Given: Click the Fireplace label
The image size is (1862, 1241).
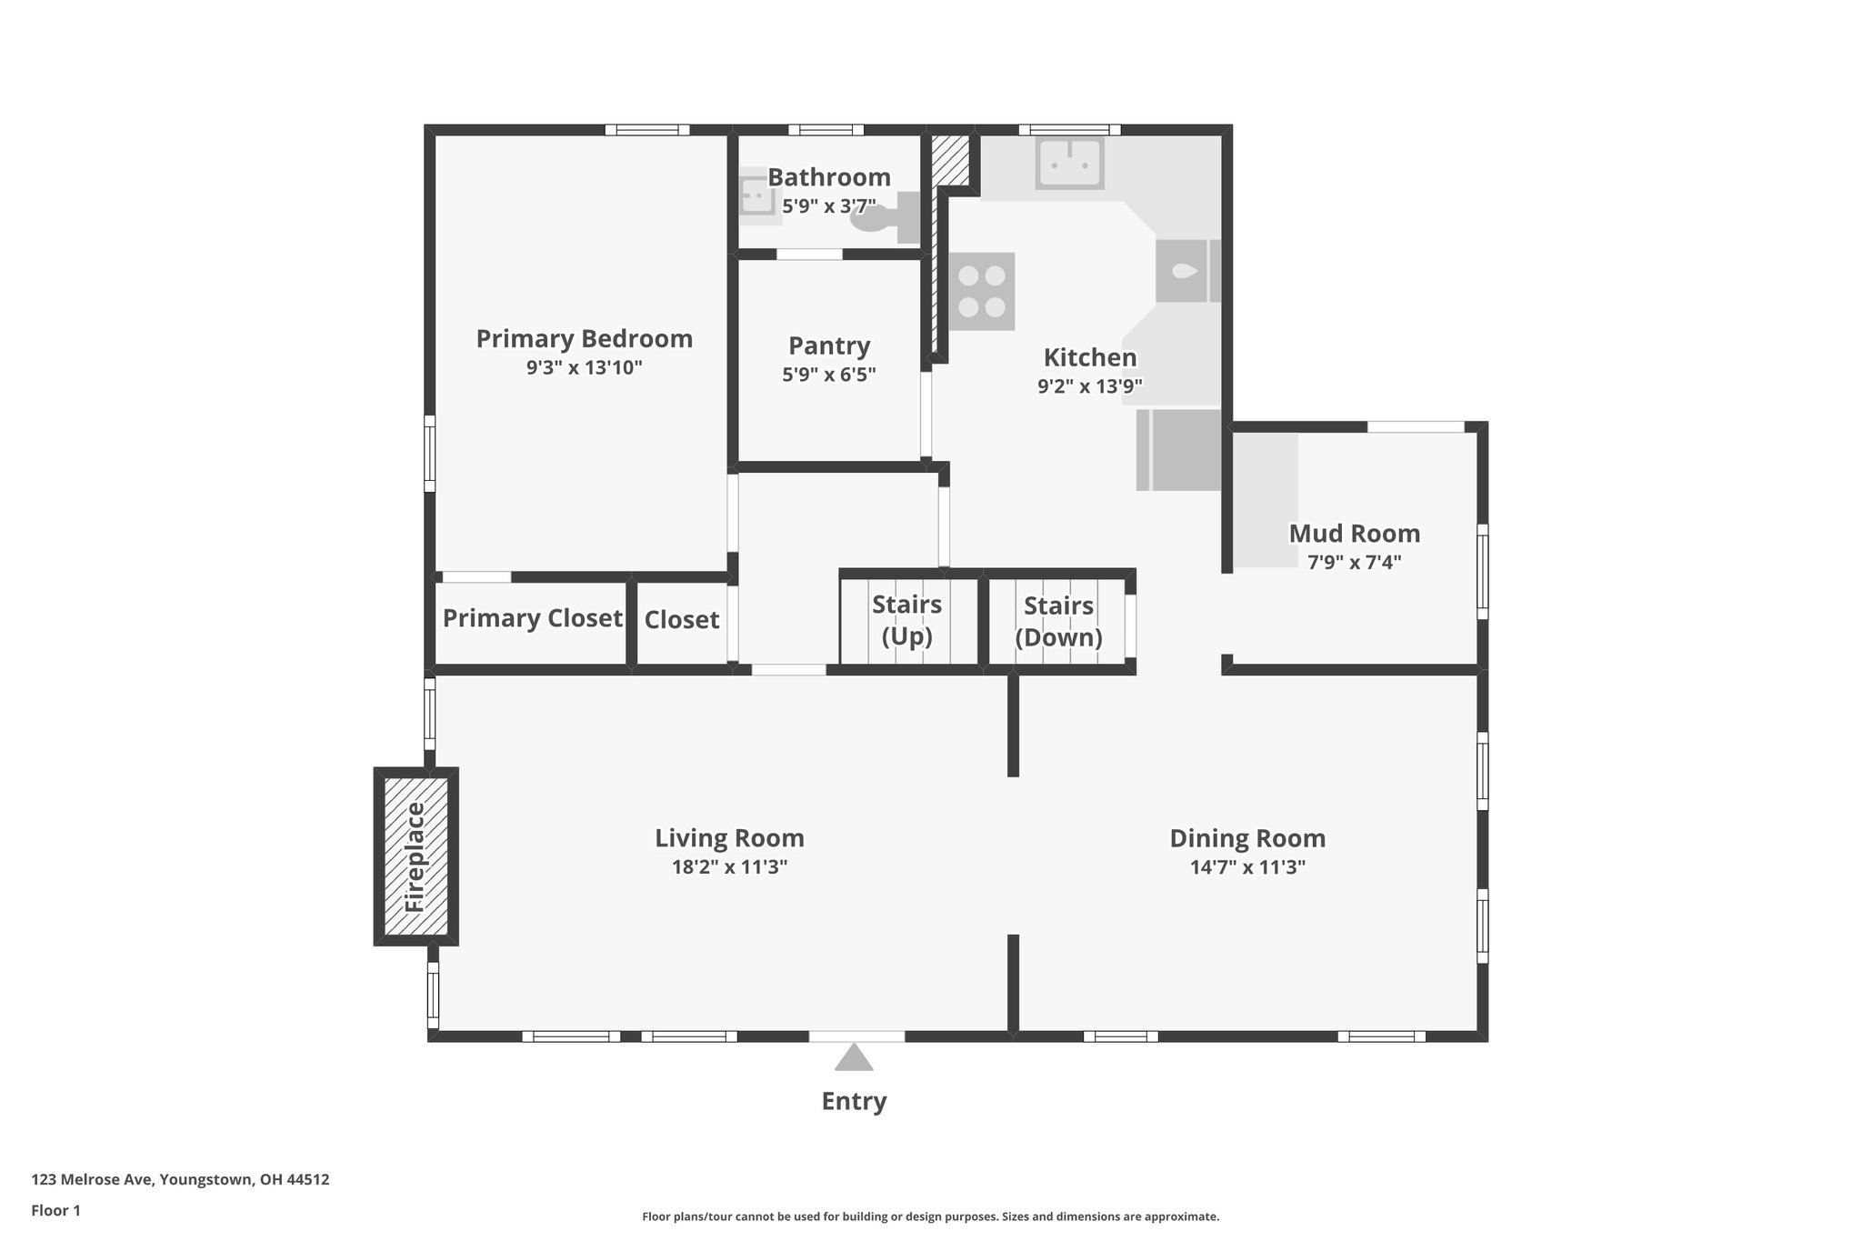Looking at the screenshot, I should coord(415,856).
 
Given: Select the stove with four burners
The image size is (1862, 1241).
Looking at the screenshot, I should coord(982,291).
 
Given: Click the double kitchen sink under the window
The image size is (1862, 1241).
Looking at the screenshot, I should coord(1069,163).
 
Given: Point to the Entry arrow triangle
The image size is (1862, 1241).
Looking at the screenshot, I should coord(854,1057).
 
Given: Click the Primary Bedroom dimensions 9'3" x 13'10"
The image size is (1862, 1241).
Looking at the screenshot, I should coord(585,367).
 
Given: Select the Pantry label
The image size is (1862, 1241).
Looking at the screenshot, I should coord(829,345).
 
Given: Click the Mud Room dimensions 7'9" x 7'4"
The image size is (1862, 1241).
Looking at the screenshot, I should coord(1354,562).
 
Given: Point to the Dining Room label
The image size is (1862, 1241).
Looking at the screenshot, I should coord(1247,838).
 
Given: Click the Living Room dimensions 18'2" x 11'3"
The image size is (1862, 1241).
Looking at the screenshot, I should coord(729,866).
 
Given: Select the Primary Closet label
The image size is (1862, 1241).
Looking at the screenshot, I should coord(533,618).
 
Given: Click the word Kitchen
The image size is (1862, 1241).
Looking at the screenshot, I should coord(1090,357).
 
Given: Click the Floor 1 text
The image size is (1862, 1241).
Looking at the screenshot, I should coord(56,1210).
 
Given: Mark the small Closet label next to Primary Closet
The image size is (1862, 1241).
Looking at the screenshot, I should coord(682,620).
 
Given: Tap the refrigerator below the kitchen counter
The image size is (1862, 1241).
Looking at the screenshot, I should coord(1178,450).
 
